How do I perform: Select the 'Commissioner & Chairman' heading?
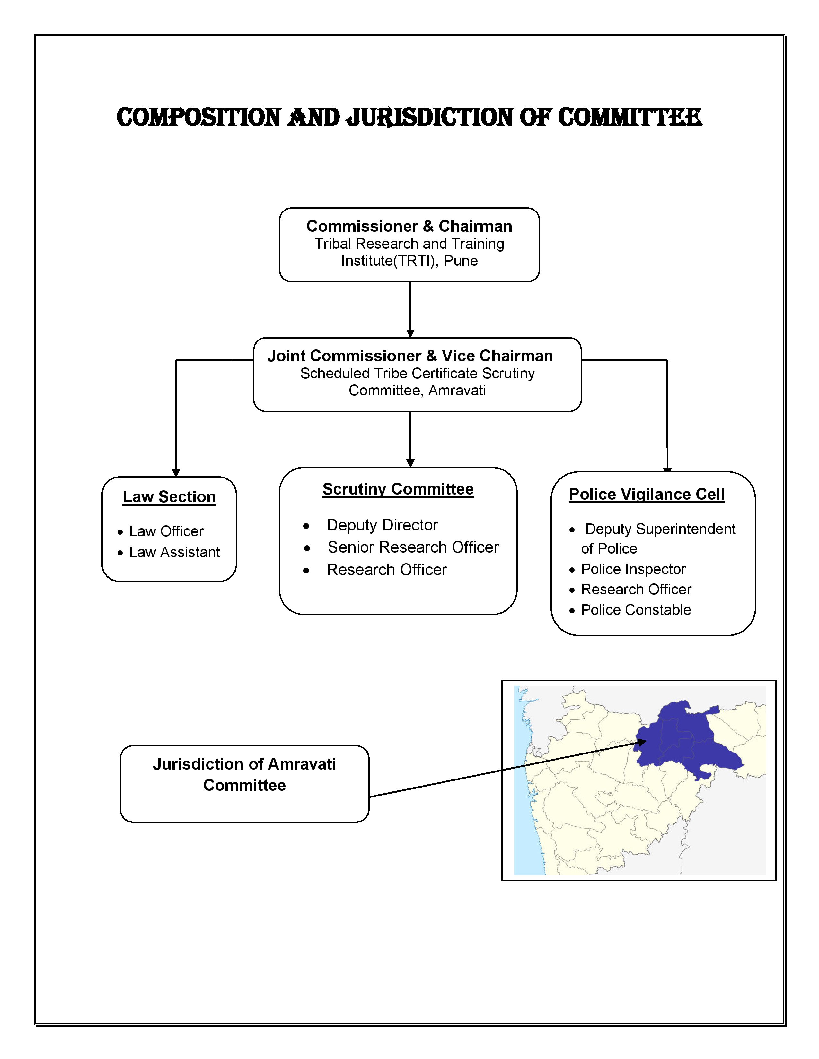(409, 227)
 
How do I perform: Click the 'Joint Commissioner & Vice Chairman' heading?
(410, 356)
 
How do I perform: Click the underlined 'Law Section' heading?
(169, 497)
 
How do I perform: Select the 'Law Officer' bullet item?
(166, 531)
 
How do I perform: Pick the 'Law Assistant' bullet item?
(174, 552)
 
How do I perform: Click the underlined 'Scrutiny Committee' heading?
(398, 489)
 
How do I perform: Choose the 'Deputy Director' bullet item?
(382, 525)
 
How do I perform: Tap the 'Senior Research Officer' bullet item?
(413, 547)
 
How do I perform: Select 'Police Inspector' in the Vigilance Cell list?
(633, 569)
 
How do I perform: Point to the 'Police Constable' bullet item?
(636, 610)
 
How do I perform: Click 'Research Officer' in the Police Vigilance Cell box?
(636, 590)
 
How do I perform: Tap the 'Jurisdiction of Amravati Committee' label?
(244, 774)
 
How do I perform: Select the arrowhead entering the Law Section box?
(176, 473)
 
